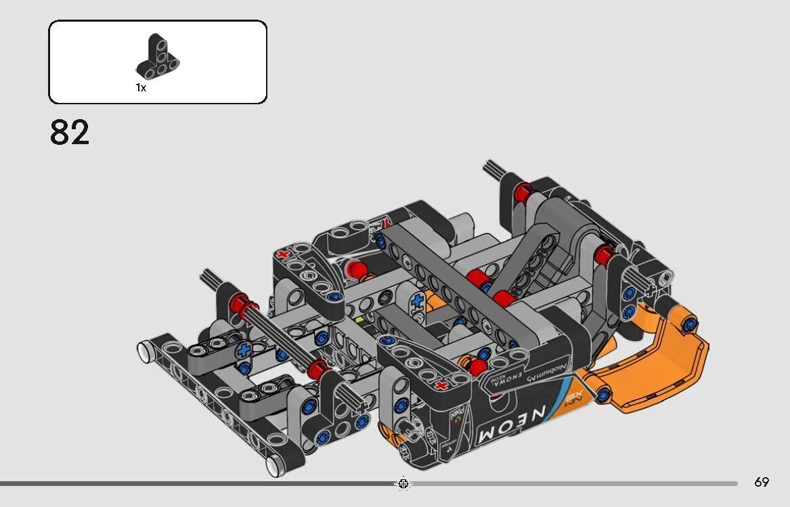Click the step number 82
point(69,133)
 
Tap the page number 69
point(762,483)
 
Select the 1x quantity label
point(141,88)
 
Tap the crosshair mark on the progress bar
point(403,483)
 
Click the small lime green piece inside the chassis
point(360,317)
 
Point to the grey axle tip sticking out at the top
point(493,169)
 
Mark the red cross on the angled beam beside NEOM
point(441,386)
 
